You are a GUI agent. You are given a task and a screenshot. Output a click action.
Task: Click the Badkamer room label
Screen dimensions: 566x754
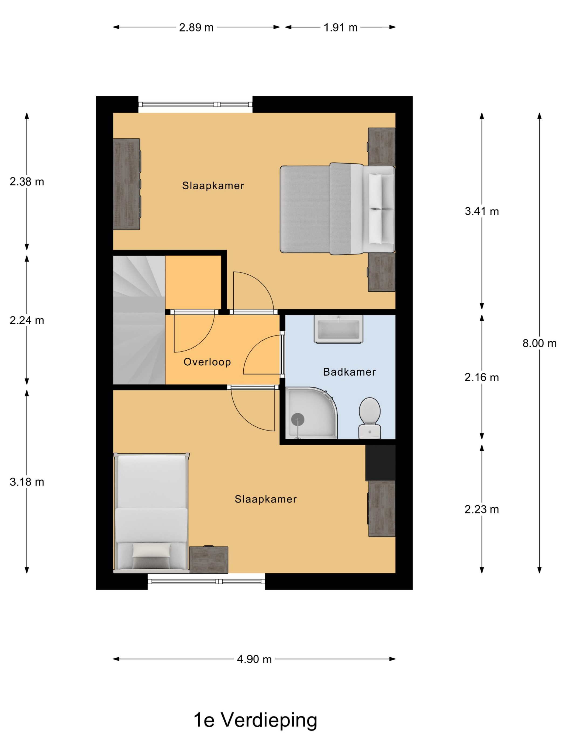[349, 372]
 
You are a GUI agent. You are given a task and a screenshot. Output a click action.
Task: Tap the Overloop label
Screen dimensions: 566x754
[207, 362]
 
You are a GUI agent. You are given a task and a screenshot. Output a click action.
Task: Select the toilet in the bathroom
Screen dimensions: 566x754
[370, 418]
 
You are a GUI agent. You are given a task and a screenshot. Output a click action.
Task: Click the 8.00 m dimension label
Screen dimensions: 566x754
[539, 343]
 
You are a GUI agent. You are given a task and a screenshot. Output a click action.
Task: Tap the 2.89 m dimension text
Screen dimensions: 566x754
[196, 27]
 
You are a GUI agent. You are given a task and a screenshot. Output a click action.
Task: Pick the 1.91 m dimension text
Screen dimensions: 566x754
[340, 27]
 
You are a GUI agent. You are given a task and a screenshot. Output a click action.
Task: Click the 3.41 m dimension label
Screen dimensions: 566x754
[481, 211]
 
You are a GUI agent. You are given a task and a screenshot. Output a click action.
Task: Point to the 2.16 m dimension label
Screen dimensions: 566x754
[481, 377]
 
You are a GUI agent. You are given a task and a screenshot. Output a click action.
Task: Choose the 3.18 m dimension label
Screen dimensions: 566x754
[27, 482]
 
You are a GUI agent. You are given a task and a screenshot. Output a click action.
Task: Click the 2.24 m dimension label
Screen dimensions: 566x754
[27, 320]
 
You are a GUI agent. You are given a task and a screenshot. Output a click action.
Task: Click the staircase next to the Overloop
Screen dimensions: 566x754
[139, 320]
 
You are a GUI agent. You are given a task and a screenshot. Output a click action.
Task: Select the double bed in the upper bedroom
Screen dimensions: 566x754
[337, 209]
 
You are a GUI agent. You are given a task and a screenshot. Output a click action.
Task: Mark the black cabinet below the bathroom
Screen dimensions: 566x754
[380, 463]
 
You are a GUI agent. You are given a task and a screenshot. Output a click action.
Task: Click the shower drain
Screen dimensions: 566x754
[298, 419]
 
